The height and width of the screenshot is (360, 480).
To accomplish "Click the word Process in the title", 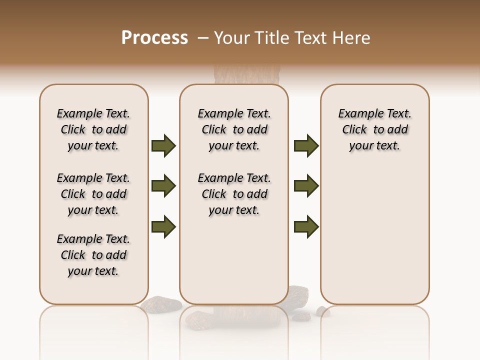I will point(154,38).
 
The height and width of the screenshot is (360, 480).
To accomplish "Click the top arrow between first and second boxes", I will point(163,146).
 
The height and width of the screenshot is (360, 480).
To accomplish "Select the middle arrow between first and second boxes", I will point(163,186).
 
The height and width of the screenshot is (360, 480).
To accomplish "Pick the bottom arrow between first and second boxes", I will point(163,226).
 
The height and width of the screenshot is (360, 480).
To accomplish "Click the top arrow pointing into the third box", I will point(306,146).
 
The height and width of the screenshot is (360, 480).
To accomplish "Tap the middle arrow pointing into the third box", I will point(306,186).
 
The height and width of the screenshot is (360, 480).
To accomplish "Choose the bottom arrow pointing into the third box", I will point(306,226).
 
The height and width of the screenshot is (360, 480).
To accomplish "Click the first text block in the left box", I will point(93,129).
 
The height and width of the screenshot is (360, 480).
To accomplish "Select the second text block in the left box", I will point(93,194).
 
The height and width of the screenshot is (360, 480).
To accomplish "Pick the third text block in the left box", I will point(93,255).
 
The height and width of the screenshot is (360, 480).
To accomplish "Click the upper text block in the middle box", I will point(234,129).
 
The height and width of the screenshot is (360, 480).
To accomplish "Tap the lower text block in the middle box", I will point(234,194).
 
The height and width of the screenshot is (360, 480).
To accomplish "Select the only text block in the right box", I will point(374,129).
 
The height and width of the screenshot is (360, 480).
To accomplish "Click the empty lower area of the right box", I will point(374,240).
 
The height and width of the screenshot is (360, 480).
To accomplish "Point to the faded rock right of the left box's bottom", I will point(162,303).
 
